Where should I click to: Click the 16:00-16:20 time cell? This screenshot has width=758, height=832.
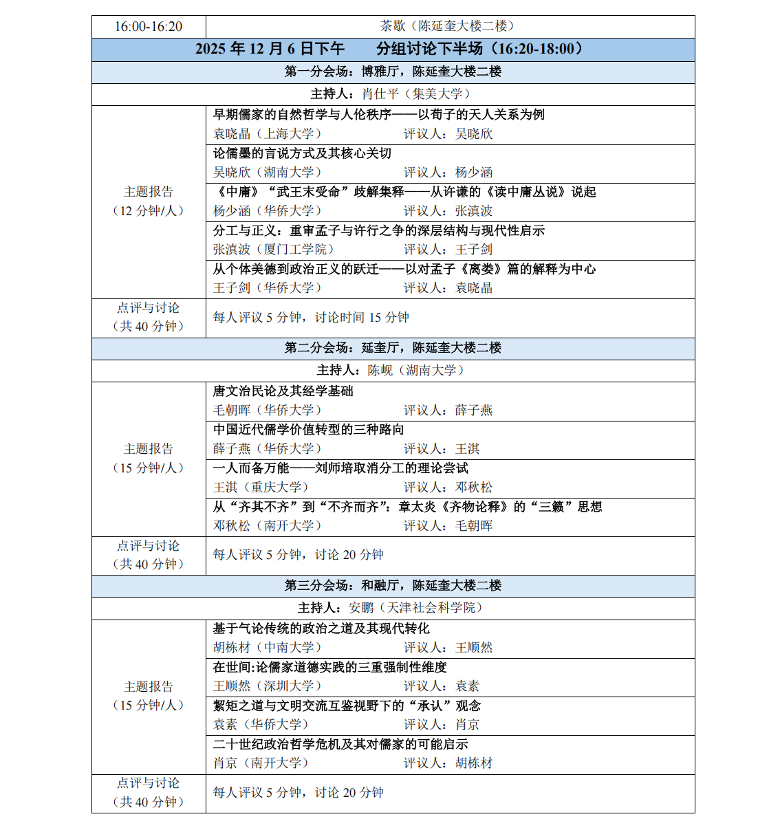pos(149,27)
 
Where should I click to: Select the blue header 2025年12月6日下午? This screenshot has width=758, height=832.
pos(270,49)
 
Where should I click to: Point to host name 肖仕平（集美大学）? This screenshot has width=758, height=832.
pos(416,94)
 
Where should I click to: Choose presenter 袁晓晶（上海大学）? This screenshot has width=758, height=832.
pos(268,134)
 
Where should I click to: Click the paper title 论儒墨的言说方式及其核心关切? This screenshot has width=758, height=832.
pos(302,153)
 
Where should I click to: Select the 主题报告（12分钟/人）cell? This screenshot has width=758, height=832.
pos(149,201)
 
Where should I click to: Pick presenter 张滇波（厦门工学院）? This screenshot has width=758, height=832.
pos(274,250)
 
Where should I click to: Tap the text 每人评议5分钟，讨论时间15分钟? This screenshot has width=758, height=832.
pos(311,318)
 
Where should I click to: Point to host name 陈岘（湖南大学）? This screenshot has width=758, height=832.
pos(416,371)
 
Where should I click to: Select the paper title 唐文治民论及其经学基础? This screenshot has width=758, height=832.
pos(283,391)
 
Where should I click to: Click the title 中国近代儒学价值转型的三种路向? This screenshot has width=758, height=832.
pos(309,430)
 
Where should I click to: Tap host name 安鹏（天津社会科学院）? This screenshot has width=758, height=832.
pos(416,608)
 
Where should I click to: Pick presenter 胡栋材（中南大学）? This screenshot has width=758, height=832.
pos(268,648)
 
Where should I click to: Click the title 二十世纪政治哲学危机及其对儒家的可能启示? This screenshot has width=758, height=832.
pos(340,745)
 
